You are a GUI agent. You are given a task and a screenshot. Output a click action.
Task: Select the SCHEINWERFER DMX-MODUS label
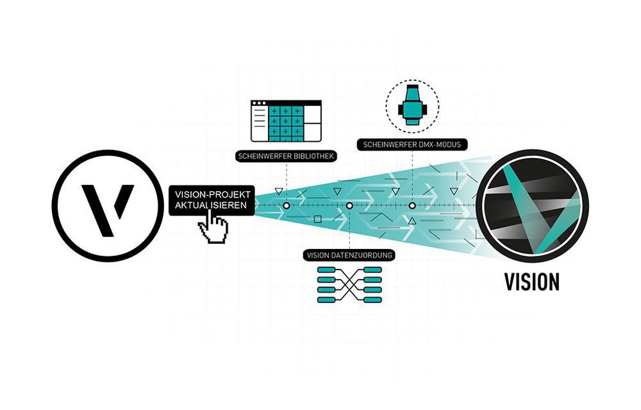click(x=411, y=145)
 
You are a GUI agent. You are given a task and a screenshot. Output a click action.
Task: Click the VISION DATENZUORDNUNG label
click(x=349, y=255)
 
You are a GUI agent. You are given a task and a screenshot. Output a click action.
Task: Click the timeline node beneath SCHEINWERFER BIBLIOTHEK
click(x=287, y=206)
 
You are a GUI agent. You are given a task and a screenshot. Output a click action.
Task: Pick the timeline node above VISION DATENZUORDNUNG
click(x=349, y=206)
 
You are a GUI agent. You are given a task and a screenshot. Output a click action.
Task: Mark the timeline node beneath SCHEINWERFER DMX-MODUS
click(x=412, y=206)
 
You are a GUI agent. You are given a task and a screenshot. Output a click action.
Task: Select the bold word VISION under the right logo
click(x=531, y=282)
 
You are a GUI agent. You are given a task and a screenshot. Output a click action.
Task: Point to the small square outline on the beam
click(x=318, y=220)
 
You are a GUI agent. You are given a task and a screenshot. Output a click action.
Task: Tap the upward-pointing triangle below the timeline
click(x=412, y=221)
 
